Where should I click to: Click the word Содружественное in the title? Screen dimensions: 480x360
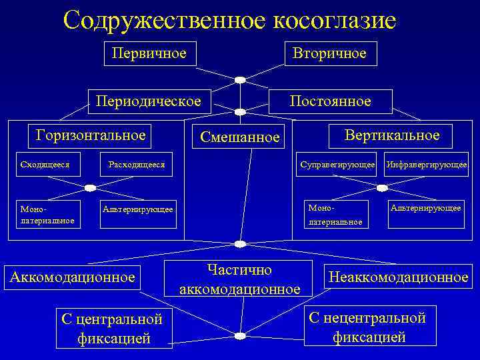coord(165,20)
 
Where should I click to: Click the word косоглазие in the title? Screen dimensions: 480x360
coord(334,20)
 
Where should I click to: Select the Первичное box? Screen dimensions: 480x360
coord(149,53)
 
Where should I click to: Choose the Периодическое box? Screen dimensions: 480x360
coord(148,101)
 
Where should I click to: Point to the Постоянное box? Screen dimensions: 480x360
coord(330,101)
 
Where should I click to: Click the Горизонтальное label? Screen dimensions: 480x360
coord(91,135)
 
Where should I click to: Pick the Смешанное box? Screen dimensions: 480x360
coord(236,137)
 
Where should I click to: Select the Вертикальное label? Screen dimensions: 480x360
coord(392,135)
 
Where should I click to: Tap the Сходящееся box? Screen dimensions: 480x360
coord(46,164)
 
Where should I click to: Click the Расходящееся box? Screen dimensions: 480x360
coord(136,164)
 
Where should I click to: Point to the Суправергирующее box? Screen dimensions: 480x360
coord(338,164)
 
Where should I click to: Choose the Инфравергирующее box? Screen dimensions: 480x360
coord(427,164)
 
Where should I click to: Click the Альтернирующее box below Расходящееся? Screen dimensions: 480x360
coord(138,209)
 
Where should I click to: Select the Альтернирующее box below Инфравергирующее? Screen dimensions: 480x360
coord(426,208)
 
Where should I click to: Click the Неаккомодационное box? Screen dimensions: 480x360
coord(397,277)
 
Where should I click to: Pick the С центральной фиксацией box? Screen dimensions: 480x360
coord(114,328)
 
